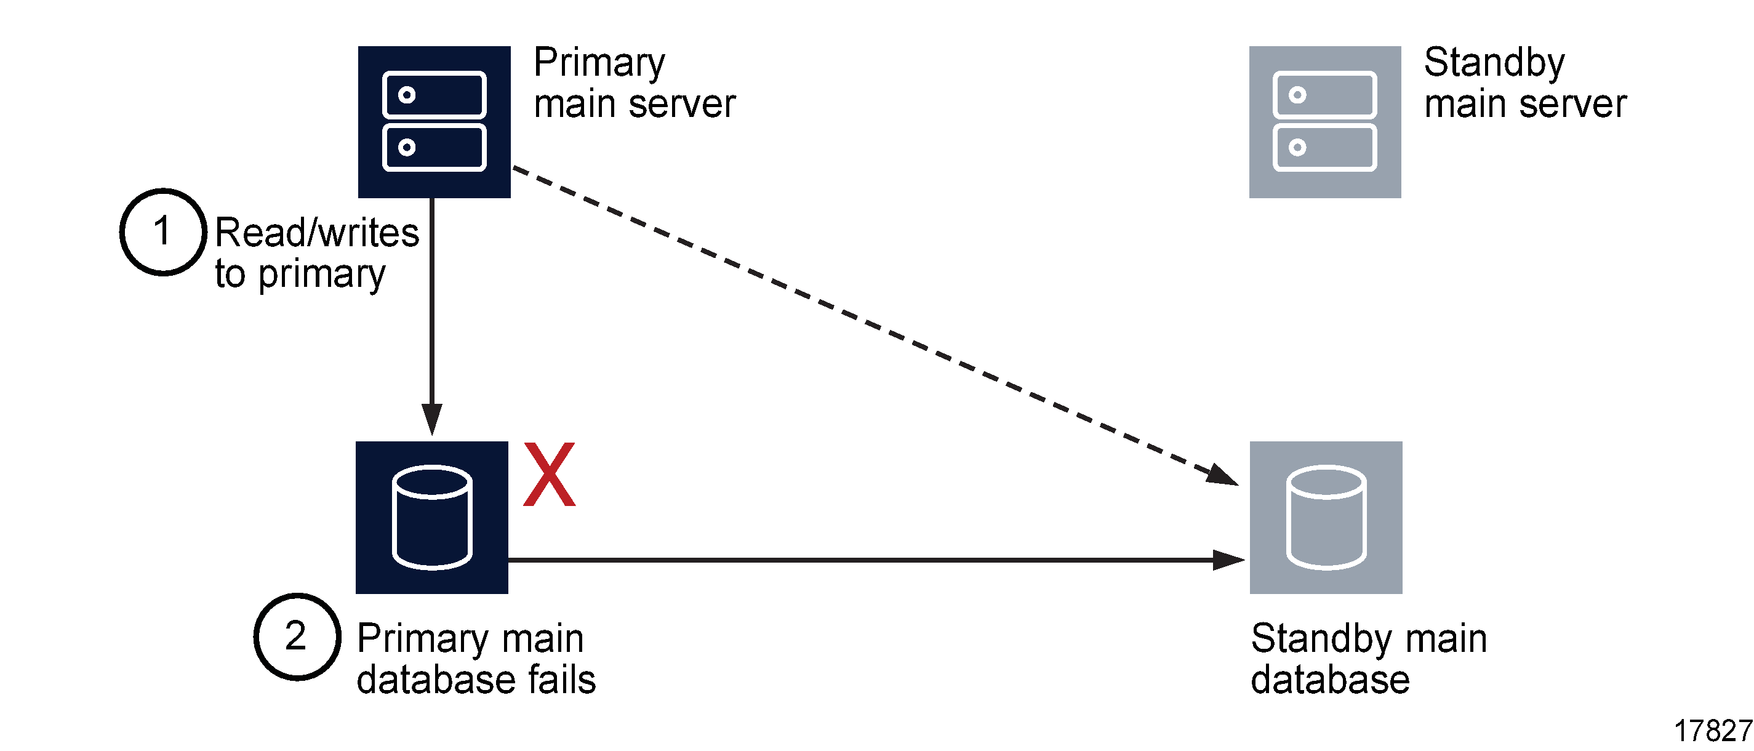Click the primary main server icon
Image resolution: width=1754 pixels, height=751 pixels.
pos(434,122)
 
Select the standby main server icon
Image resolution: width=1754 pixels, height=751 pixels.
pos(1324,122)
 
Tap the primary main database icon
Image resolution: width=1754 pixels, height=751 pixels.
pos(431,517)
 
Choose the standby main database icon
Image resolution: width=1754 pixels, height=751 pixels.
pos(1326,517)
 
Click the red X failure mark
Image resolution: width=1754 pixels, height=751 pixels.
pos(549,475)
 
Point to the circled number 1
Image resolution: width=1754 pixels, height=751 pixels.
pos(162,231)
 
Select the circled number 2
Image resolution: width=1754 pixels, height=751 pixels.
pos(297,636)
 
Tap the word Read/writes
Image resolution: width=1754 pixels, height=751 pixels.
pos(316,233)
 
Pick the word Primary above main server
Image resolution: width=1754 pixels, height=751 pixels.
pos(599,63)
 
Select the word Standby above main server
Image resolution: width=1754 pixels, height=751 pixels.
pos(1494,63)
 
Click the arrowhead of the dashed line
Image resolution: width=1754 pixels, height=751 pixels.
pos(1223,475)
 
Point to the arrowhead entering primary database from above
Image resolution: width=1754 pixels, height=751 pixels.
pos(431,419)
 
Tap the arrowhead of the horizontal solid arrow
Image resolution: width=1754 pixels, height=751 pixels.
pos(1228,560)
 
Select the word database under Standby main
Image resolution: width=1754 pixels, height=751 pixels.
pos(1330,680)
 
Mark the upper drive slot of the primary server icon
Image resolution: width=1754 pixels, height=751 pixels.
pos(434,95)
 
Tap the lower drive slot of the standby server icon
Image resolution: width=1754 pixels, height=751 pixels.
pos(1324,147)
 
